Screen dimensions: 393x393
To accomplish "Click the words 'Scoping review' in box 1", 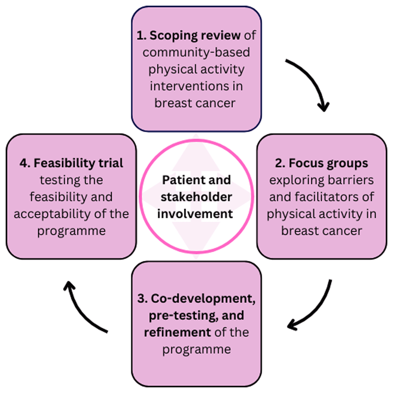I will (189, 35).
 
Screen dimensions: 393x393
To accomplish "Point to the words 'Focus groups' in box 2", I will (321, 163).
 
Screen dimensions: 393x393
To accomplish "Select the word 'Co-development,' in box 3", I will (196, 298).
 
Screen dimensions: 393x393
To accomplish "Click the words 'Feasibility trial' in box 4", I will (71, 163).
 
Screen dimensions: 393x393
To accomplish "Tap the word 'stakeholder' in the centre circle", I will (196, 197).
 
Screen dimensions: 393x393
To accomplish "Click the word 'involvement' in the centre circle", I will (196, 214).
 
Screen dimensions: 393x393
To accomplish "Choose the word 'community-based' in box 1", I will (196, 52).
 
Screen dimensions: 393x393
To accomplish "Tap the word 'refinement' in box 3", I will (177, 332).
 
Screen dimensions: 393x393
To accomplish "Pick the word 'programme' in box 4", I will (72, 231).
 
